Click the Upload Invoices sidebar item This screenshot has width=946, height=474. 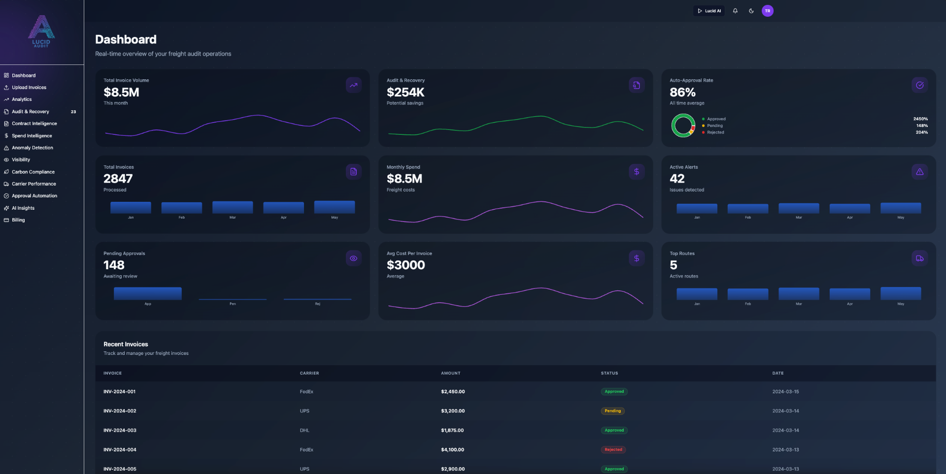tap(29, 88)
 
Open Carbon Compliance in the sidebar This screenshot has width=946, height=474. tap(33, 172)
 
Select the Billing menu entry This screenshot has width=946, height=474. tap(18, 220)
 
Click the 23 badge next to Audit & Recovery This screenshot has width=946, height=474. tap(73, 112)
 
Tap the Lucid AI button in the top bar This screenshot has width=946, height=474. tap(709, 11)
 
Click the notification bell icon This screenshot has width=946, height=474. tap(735, 11)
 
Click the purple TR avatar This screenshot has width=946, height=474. tap(767, 11)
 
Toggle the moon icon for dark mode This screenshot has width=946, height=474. tap(751, 11)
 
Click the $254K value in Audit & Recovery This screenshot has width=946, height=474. tap(405, 93)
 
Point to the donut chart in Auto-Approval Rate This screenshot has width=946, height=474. tap(683, 126)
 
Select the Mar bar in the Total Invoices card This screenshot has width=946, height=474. tap(233, 207)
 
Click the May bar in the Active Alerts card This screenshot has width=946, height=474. tap(900, 208)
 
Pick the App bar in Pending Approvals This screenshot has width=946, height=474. tap(147, 293)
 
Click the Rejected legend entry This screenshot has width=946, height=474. tap(715, 132)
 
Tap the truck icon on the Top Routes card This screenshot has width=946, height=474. tap(919, 258)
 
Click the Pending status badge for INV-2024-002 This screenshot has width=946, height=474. tap(612, 411)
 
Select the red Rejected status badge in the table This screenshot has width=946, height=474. tap(613, 450)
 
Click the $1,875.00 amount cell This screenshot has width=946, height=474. tap(452, 431)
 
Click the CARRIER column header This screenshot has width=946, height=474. tap(309, 373)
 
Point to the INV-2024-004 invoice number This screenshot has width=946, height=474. tap(120, 450)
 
